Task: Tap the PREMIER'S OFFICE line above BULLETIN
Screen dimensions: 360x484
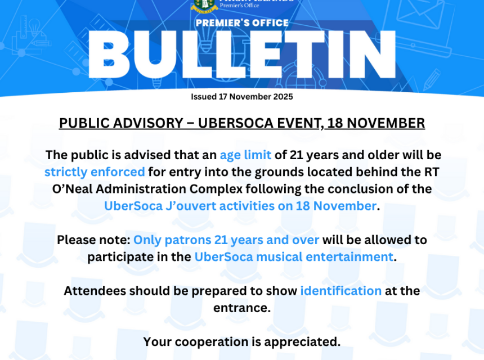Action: pos(241,23)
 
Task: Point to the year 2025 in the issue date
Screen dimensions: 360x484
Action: pos(281,97)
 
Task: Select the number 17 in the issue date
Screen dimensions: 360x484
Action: pos(221,97)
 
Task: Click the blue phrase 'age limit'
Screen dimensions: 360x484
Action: pos(245,155)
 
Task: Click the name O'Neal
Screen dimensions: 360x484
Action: pos(75,189)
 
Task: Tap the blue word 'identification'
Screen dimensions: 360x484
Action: pos(340,291)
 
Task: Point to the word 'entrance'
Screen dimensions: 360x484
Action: pos(241,308)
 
